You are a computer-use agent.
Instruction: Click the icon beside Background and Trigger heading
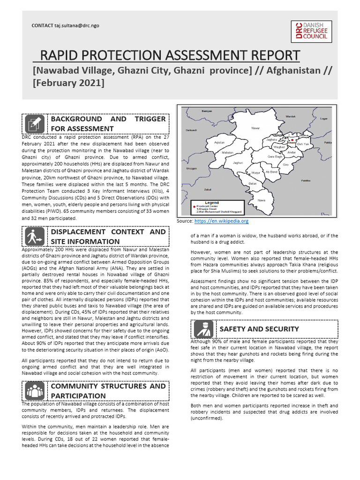tap(35, 124)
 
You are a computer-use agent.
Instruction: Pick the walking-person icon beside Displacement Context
tap(35, 237)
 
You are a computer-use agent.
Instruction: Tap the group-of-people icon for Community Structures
tap(35, 391)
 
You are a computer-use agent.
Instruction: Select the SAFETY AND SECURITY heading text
tap(259, 329)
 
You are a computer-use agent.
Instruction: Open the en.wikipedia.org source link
tap(221, 221)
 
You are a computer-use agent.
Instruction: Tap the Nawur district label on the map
tap(255, 127)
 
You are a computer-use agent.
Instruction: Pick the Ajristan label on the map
tap(219, 142)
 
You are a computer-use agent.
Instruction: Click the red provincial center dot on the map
tap(292, 140)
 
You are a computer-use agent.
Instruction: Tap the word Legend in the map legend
tap(212, 202)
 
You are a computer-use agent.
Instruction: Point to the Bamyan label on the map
tap(206, 111)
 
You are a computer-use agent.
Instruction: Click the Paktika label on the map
tap(306, 180)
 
